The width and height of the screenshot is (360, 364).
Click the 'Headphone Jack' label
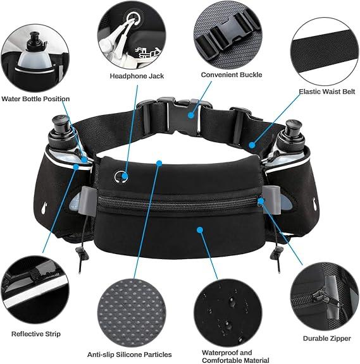point(137,76)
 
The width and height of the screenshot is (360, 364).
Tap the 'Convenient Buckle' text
point(232,75)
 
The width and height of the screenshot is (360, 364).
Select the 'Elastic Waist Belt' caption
point(326,92)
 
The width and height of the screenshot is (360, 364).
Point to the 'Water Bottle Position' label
point(35,99)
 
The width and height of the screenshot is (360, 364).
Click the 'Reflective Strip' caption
point(36,334)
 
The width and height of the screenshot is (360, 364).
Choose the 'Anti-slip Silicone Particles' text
point(130,355)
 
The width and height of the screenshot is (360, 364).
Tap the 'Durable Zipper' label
point(326,338)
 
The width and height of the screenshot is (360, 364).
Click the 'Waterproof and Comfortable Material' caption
point(235,356)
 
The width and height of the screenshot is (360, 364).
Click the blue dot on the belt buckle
point(191,115)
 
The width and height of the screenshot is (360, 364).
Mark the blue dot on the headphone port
point(125,176)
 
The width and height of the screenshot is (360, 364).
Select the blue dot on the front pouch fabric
point(200,230)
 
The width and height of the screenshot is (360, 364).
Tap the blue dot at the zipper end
point(261,201)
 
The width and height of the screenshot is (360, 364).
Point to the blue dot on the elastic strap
point(252,145)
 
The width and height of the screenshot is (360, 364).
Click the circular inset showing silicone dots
point(132,313)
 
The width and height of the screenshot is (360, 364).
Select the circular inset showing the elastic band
point(325,51)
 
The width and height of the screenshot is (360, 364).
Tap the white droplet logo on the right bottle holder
point(315,204)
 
